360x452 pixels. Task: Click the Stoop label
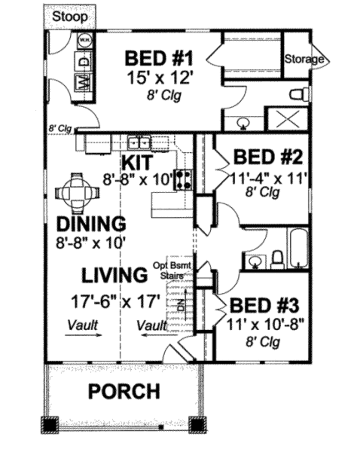click(70, 17)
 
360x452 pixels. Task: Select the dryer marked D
click(84, 62)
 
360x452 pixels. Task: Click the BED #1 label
click(159, 58)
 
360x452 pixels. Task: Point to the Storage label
click(304, 59)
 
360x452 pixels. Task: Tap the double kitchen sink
click(140, 142)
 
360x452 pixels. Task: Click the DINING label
click(91, 224)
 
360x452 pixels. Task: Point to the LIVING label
click(115, 275)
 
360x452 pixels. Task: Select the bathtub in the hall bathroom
click(298, 248)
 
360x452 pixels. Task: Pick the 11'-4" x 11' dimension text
click(269, 178)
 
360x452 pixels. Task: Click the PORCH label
click(124, 391)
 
